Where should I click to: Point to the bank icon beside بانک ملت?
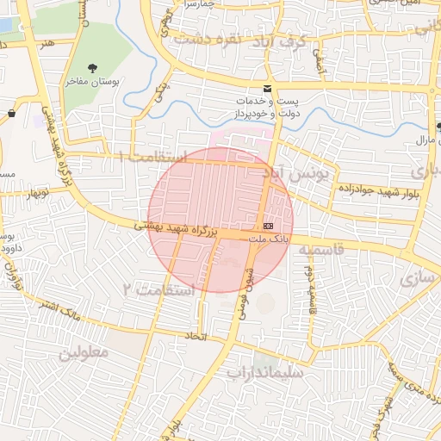point(269,225)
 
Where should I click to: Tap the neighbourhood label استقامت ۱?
point(152,157)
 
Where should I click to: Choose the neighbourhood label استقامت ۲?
point(159,289)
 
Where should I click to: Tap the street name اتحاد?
point(197,335)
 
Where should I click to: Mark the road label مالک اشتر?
point(65,311)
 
